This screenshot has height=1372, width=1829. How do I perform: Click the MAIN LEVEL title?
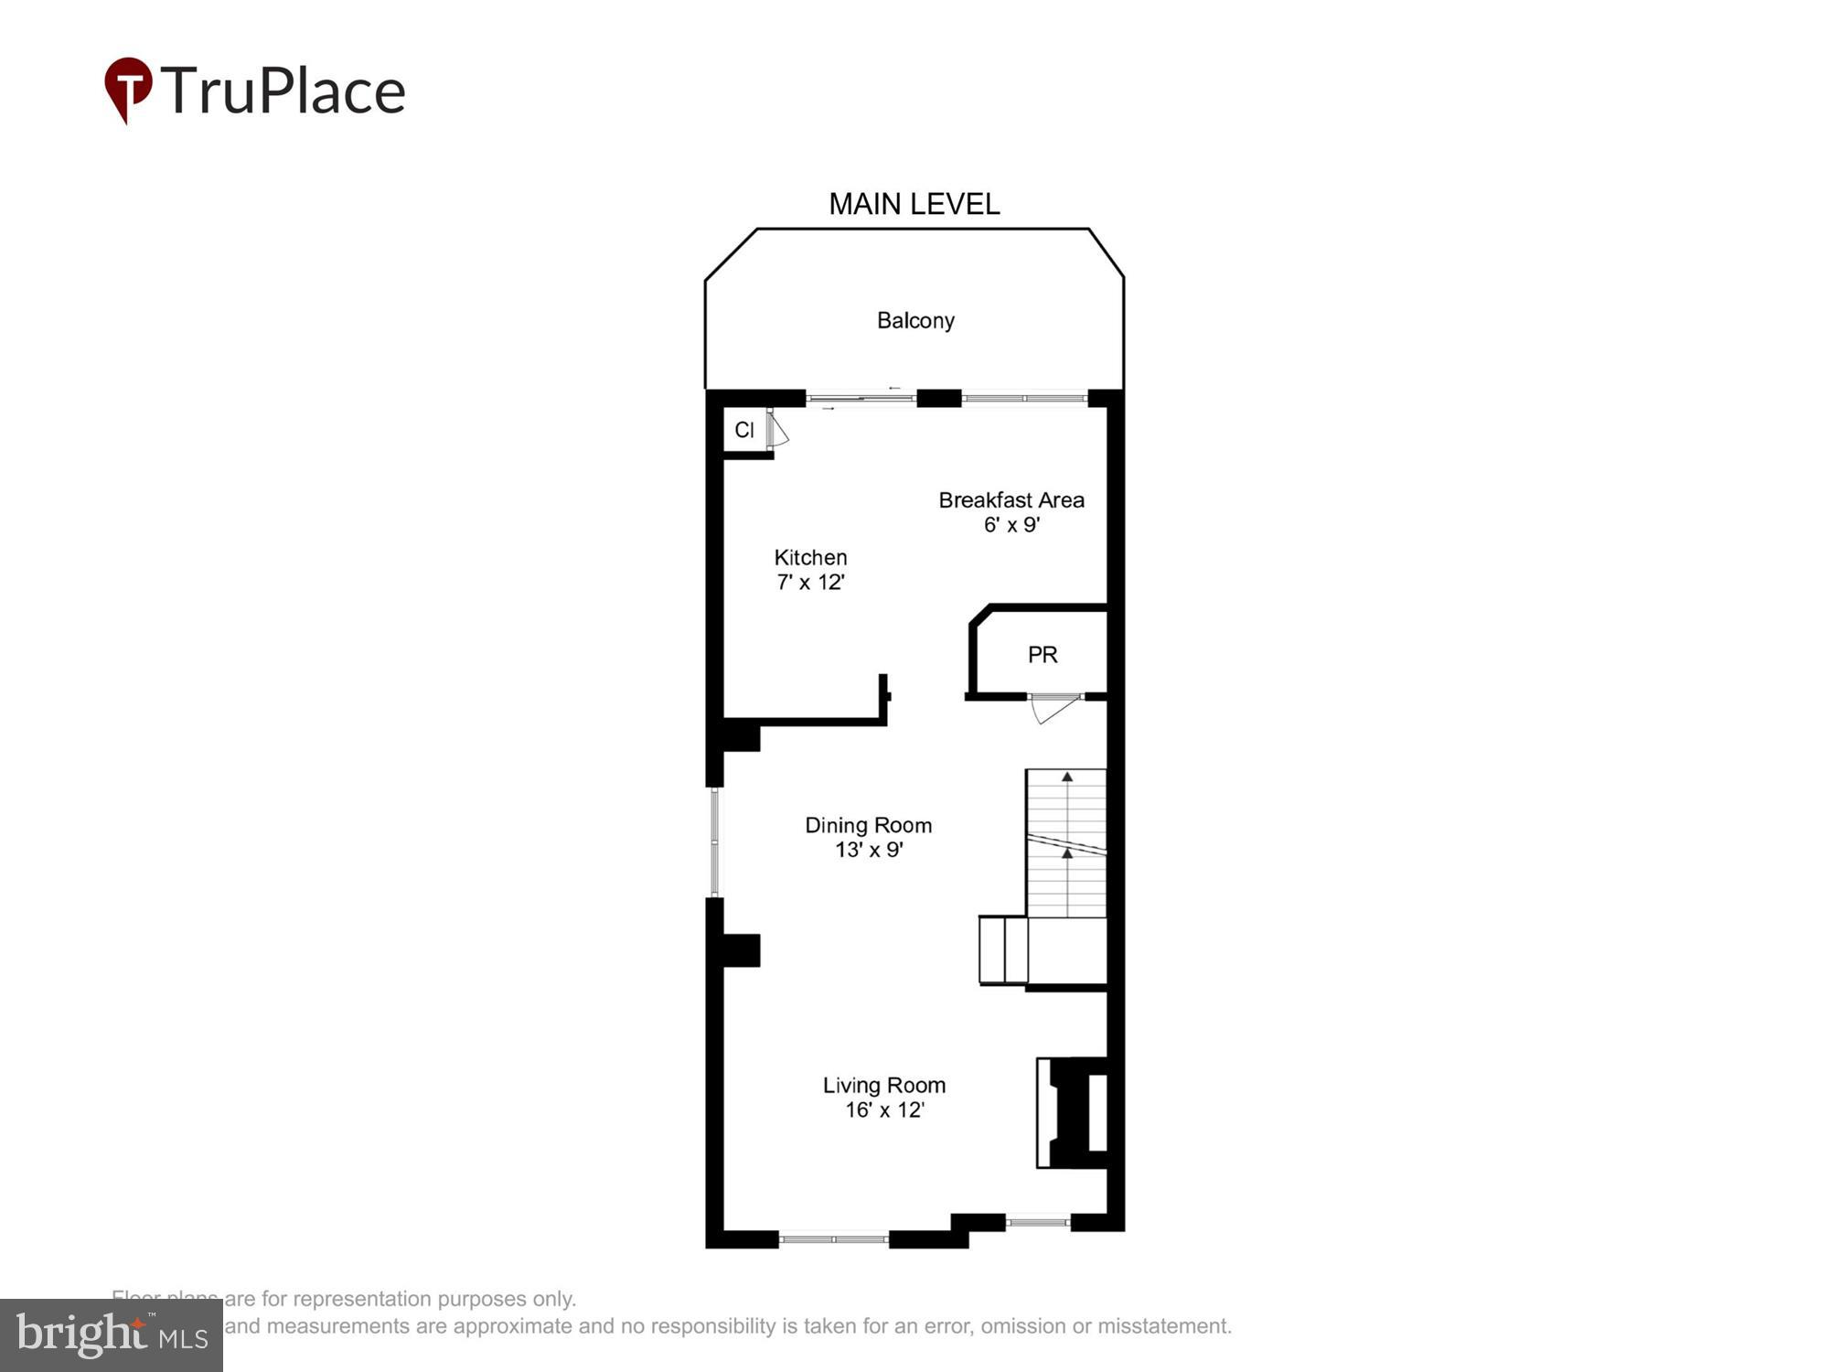tap(914, 204)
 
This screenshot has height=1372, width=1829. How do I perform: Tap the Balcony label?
tap(915, 320)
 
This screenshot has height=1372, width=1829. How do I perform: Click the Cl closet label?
tap(744, 430)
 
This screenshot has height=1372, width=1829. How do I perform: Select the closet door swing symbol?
tap(777, 430)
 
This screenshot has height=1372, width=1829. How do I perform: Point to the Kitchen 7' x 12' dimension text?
tap(810, 583)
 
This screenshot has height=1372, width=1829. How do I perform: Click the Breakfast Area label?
tap(1011, 500)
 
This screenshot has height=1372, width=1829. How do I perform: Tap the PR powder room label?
tap(1043, 655)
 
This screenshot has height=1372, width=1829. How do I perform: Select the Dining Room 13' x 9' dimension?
tap(869, 850)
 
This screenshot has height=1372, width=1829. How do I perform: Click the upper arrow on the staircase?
tap(1067, 777)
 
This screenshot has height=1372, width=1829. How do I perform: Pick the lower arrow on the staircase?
tap(1067, 853)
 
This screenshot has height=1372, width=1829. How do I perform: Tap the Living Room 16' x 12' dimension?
tap(884, 1110)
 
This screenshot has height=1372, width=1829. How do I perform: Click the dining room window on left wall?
tap(715, 841)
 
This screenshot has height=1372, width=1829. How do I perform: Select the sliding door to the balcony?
tap(860, 398)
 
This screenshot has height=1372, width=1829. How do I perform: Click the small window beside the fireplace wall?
tap(1038, 1220)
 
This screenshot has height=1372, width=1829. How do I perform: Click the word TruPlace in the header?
tap(283, 91)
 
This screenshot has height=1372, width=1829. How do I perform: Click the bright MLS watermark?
tap(112, 1335)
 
